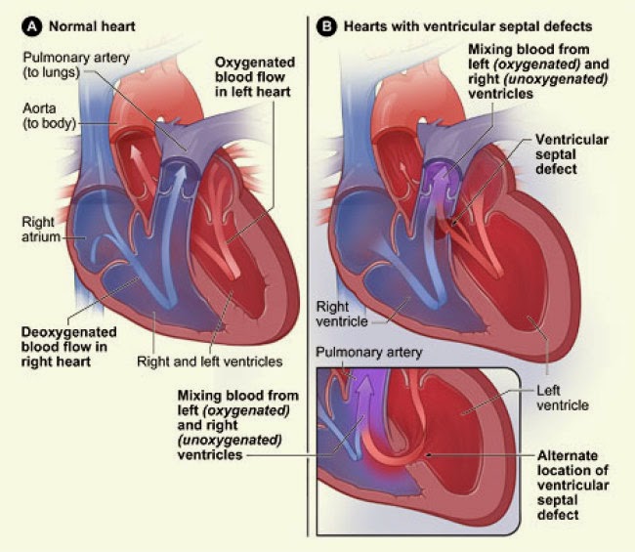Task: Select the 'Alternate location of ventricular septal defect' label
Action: (x=571, y=484)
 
